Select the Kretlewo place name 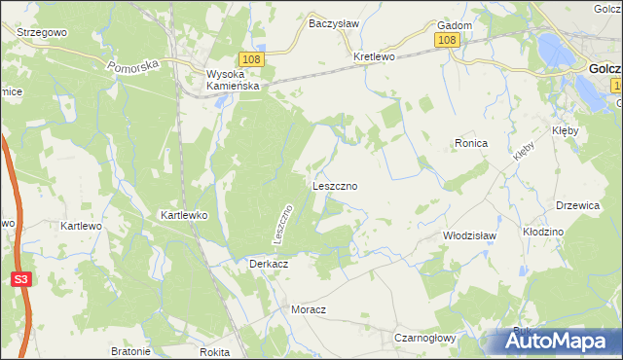(374, 56)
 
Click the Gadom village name (456, 25)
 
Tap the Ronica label (470, 143)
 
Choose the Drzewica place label (575, 205)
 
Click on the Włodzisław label (470, 235)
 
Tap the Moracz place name (308, 308)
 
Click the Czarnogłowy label (426, 337)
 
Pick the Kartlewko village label (184, 214)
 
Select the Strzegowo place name (40, 32)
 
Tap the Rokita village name (212, 352)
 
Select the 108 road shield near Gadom (447, 40)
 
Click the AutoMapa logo (559, 342)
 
